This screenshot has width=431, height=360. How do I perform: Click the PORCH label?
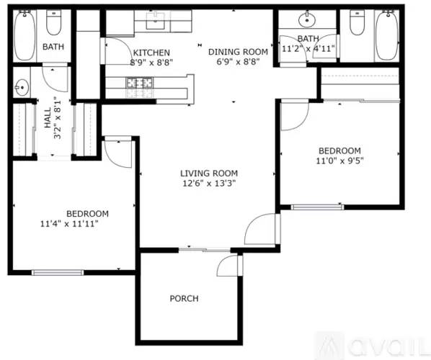(x=184, y=298)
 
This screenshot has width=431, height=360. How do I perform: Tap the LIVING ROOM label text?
(x=209, y=173)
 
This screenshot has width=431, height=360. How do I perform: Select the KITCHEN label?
(x=151, y=53)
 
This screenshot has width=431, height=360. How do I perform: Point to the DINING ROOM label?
(x=238, y=52)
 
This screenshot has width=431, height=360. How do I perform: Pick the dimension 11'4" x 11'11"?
(x=69, y=224)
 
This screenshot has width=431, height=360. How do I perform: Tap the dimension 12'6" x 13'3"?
(x=209, y=183)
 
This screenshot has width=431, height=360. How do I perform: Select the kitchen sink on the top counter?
(x=156, y=21)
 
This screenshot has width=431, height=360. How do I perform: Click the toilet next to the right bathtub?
(x=357, y=24)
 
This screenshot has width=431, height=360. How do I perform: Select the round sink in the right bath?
(x=310, y=17)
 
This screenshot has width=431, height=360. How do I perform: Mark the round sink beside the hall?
(x=21, y=87)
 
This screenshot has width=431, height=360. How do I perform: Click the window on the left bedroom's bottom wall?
(x=58, y=272)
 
